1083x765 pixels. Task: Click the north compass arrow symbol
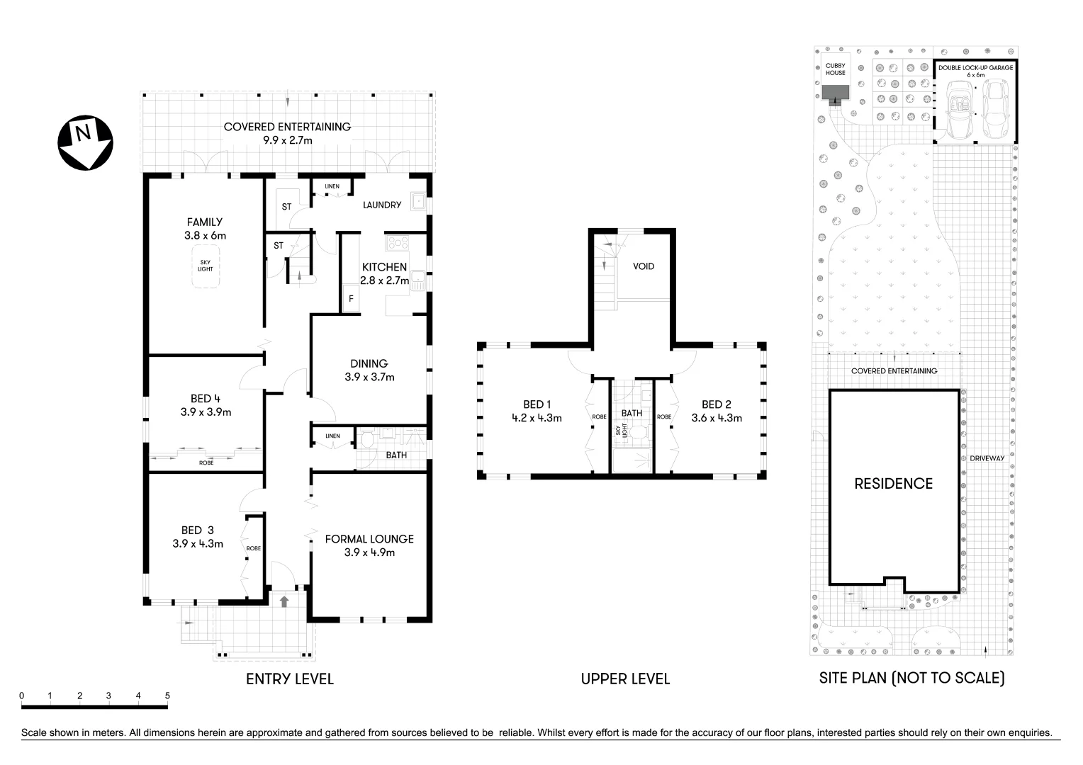click(85, 144)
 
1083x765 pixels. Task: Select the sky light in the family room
click(206, 266)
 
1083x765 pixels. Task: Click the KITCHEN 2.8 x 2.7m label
click(384, 273)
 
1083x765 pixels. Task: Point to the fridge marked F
click(350, 299)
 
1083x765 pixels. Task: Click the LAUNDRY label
click(382, 205)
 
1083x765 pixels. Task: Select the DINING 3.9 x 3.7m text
click(369, 370)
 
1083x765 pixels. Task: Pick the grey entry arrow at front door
click(284, 601)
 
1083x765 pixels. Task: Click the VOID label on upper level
click(644, 266)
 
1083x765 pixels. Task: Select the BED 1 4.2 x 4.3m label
click(537, 411)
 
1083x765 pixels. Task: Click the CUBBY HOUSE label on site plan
click(836, 69)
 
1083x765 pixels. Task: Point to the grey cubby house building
click(836, 93)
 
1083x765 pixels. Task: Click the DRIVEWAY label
click(987, 458)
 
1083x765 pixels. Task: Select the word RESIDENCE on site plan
click(893, 484)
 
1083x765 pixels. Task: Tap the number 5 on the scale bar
click(167, 696)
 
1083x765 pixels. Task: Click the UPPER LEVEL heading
click(625, 679)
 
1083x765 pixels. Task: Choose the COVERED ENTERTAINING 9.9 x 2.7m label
click(287, 133)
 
